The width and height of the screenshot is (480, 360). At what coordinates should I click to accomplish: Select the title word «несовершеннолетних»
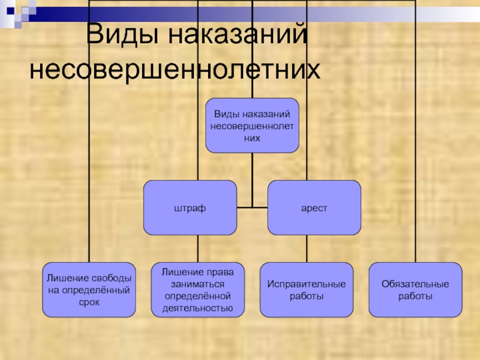click(175, 70)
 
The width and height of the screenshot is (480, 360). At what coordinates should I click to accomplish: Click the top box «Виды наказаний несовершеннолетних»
click(252, 125)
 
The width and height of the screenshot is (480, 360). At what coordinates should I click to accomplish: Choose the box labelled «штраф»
click(190, 208)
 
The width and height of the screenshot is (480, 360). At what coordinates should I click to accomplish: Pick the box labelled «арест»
click(314, 208)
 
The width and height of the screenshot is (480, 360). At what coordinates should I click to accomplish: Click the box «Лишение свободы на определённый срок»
click(89, 289)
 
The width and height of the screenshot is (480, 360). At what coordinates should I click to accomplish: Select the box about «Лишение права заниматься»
click(197, 289)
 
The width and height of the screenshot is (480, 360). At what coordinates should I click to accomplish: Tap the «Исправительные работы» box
click(306, 289)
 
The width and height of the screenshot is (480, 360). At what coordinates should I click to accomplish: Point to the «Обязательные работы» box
click(415, 289)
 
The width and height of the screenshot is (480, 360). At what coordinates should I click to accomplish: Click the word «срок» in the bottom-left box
click(89, 302)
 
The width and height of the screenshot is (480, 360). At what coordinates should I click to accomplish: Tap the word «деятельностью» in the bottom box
click(197, 309)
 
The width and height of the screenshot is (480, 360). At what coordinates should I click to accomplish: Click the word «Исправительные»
click(306, 283)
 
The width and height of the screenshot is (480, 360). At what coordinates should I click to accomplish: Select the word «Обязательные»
click(415, 283)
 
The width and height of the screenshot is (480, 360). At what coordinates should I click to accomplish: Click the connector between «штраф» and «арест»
click(252, 208)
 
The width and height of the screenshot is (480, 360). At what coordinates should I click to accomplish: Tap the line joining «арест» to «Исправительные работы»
click(307, 248)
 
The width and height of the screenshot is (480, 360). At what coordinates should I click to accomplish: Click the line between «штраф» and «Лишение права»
click(198, 248)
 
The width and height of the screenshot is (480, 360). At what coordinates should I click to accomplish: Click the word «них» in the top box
click(252, 138)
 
